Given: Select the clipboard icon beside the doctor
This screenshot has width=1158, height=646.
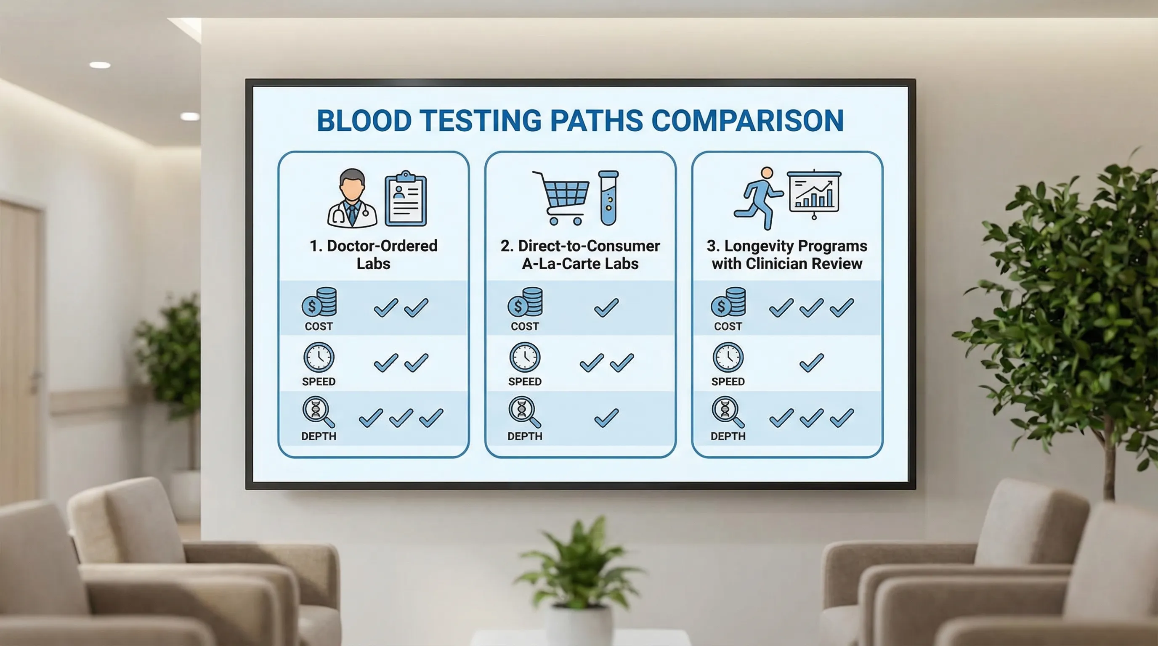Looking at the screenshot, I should pyautogui.click(x=406, y=199).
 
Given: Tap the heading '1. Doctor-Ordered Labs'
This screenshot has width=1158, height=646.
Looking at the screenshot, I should pyautogui.click(x=373, y=254).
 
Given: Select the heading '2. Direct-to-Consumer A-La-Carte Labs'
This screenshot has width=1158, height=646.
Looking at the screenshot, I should pyautogui.click(x=580, y=254).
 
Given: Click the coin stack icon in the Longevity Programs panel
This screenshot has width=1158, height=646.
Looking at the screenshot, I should pyautogui.click(x=728, y=302).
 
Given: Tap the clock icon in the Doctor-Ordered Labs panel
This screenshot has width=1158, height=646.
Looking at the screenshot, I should pyautogui.click(x=319, y=357).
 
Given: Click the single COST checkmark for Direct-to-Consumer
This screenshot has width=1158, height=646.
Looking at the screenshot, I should pyautogui.click(x=606, y=308).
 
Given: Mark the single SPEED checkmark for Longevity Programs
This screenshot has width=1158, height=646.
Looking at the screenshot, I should pyautogui.click(x=811, y=363).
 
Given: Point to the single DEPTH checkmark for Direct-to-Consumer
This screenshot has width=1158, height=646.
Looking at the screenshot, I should pyautogui.click(x=606, y=418).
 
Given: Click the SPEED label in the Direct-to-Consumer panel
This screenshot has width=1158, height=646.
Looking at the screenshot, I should pyautogui.click(x=525, y=381).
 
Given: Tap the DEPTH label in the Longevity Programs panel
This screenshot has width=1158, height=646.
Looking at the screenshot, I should pyautogui.click(x=728, y=436).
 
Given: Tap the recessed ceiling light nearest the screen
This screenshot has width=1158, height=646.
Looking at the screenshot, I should pyautogui.click(x=190, y=116).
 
